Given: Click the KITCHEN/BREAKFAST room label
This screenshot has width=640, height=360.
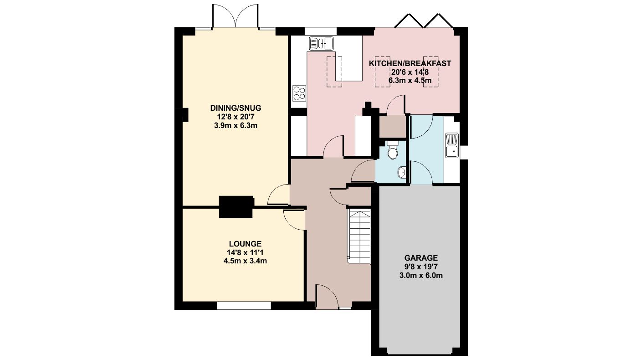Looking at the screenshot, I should [410, 63].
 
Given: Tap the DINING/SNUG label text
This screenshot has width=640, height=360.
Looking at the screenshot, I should [236, 108].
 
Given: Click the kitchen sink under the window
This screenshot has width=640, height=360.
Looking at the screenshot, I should [321, 44].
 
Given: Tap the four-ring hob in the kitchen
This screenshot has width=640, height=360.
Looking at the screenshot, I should [299, 93].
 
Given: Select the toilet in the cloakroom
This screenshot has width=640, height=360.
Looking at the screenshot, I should [393, 150].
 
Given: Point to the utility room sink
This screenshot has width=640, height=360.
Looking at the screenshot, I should [451, 145].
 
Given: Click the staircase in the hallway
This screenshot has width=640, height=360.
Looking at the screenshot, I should [360, 236].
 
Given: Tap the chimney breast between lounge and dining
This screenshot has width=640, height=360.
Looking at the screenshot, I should [236, 207].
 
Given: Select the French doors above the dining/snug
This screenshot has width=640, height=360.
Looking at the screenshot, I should [235, 16].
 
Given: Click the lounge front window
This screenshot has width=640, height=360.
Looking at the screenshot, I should [244, 306].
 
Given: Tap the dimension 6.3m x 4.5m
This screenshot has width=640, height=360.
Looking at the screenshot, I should [410, 81].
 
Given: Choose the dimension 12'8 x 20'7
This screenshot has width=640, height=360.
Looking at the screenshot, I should [236, 117].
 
